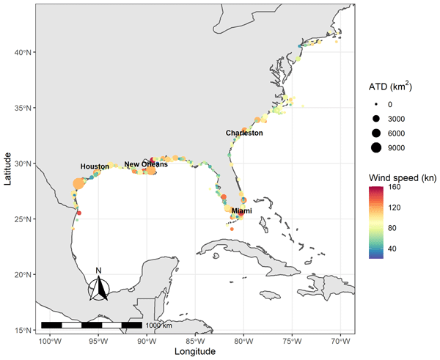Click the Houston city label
point(95,166)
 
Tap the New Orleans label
point(146,164)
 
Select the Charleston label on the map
point(244,133)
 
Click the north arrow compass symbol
point(98,289)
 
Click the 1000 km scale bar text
point(158,325)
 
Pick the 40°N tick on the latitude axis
point(22,52)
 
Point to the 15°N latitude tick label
point(22,330)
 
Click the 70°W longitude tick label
point(340,341)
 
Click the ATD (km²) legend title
point(389,87)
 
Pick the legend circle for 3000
point(375,119)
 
